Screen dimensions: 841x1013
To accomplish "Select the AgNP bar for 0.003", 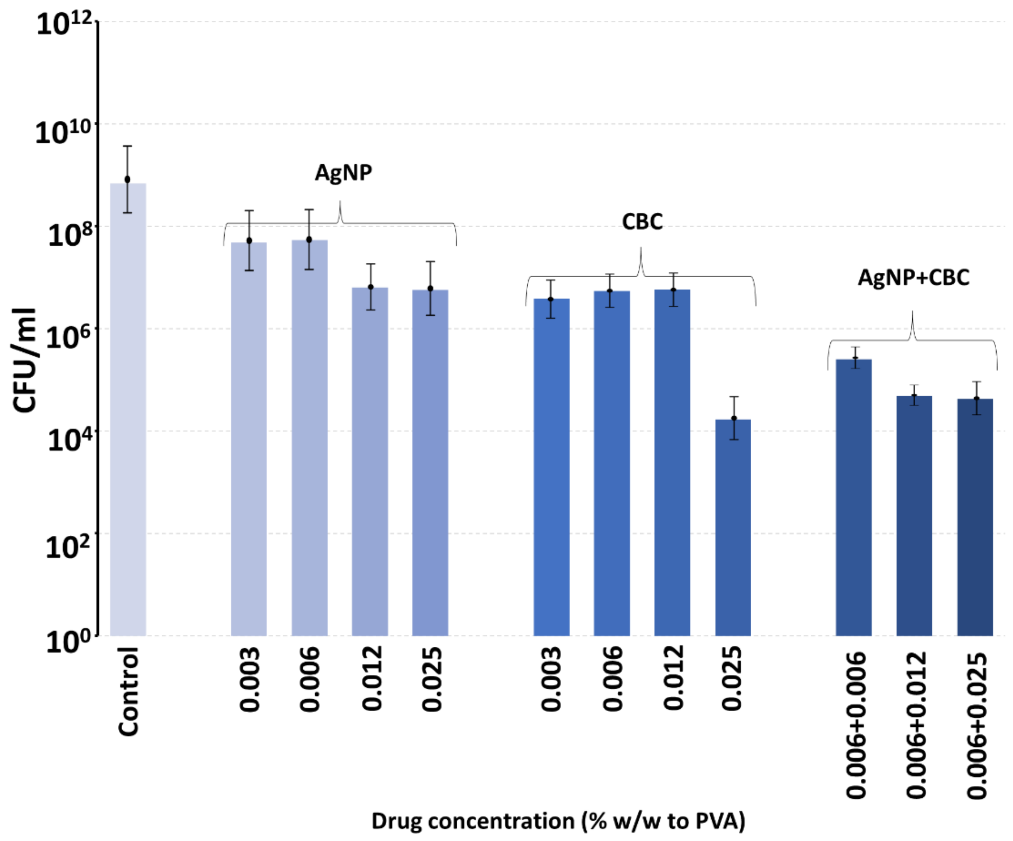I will click(x=249, y=438).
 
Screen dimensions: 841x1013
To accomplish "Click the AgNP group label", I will click(x=343, y=173).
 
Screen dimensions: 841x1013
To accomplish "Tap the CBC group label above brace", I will click(x=642, y=222).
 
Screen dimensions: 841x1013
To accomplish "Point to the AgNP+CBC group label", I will click(x=913, y=277).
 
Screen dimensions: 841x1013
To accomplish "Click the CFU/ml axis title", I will click(x=24, y=360).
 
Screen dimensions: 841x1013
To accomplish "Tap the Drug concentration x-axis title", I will click(x=558, y=820).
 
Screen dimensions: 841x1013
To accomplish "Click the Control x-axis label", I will click(x=128, y=692).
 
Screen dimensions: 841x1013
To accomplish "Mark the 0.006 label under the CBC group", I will click(x=612, y=679).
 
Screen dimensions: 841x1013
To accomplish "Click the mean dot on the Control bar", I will click(x=127, y=179).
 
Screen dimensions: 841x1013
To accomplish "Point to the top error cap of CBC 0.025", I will click(x=734, y=397).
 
